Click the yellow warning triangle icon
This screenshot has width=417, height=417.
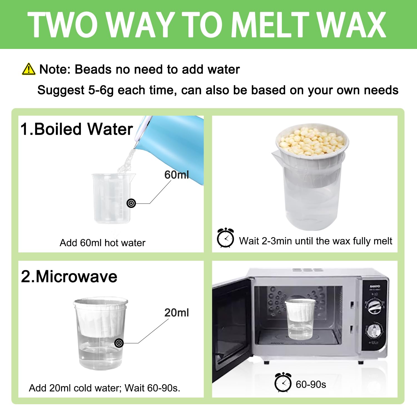29,69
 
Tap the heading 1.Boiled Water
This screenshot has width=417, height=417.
77,129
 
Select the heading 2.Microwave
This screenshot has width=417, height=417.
69,277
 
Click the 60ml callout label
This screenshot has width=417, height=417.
177,175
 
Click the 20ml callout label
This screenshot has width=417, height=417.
177,313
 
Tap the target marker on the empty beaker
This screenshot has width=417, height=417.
131,203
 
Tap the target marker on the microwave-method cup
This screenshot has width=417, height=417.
119,343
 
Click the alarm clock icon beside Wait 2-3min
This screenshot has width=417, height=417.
225,238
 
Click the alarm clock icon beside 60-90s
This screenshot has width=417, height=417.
283,383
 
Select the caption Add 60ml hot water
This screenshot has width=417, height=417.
102,243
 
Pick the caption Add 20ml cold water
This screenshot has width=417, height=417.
104,388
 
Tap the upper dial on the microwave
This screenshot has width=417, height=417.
374,307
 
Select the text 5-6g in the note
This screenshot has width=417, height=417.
101,90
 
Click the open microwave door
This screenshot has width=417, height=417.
232,328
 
